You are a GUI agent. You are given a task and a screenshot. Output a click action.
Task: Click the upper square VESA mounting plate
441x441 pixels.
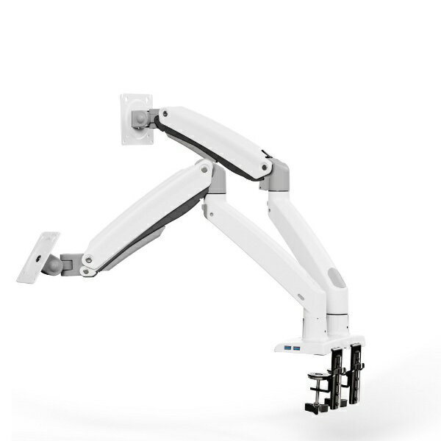coord(136,118)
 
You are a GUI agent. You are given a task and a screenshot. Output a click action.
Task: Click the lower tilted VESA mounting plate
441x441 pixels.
coord(37,257)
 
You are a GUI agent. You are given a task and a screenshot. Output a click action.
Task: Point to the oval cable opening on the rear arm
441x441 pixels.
coord(335,279)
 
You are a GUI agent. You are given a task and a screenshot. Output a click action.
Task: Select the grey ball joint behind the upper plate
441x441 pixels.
coord(140,118)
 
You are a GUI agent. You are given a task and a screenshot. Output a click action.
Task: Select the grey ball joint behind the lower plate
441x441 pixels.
coord(54,265)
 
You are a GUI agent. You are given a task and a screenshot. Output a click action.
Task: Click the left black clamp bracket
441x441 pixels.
coord(337,375)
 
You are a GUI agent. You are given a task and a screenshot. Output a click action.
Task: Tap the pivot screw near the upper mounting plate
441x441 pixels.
coord(164,114)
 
